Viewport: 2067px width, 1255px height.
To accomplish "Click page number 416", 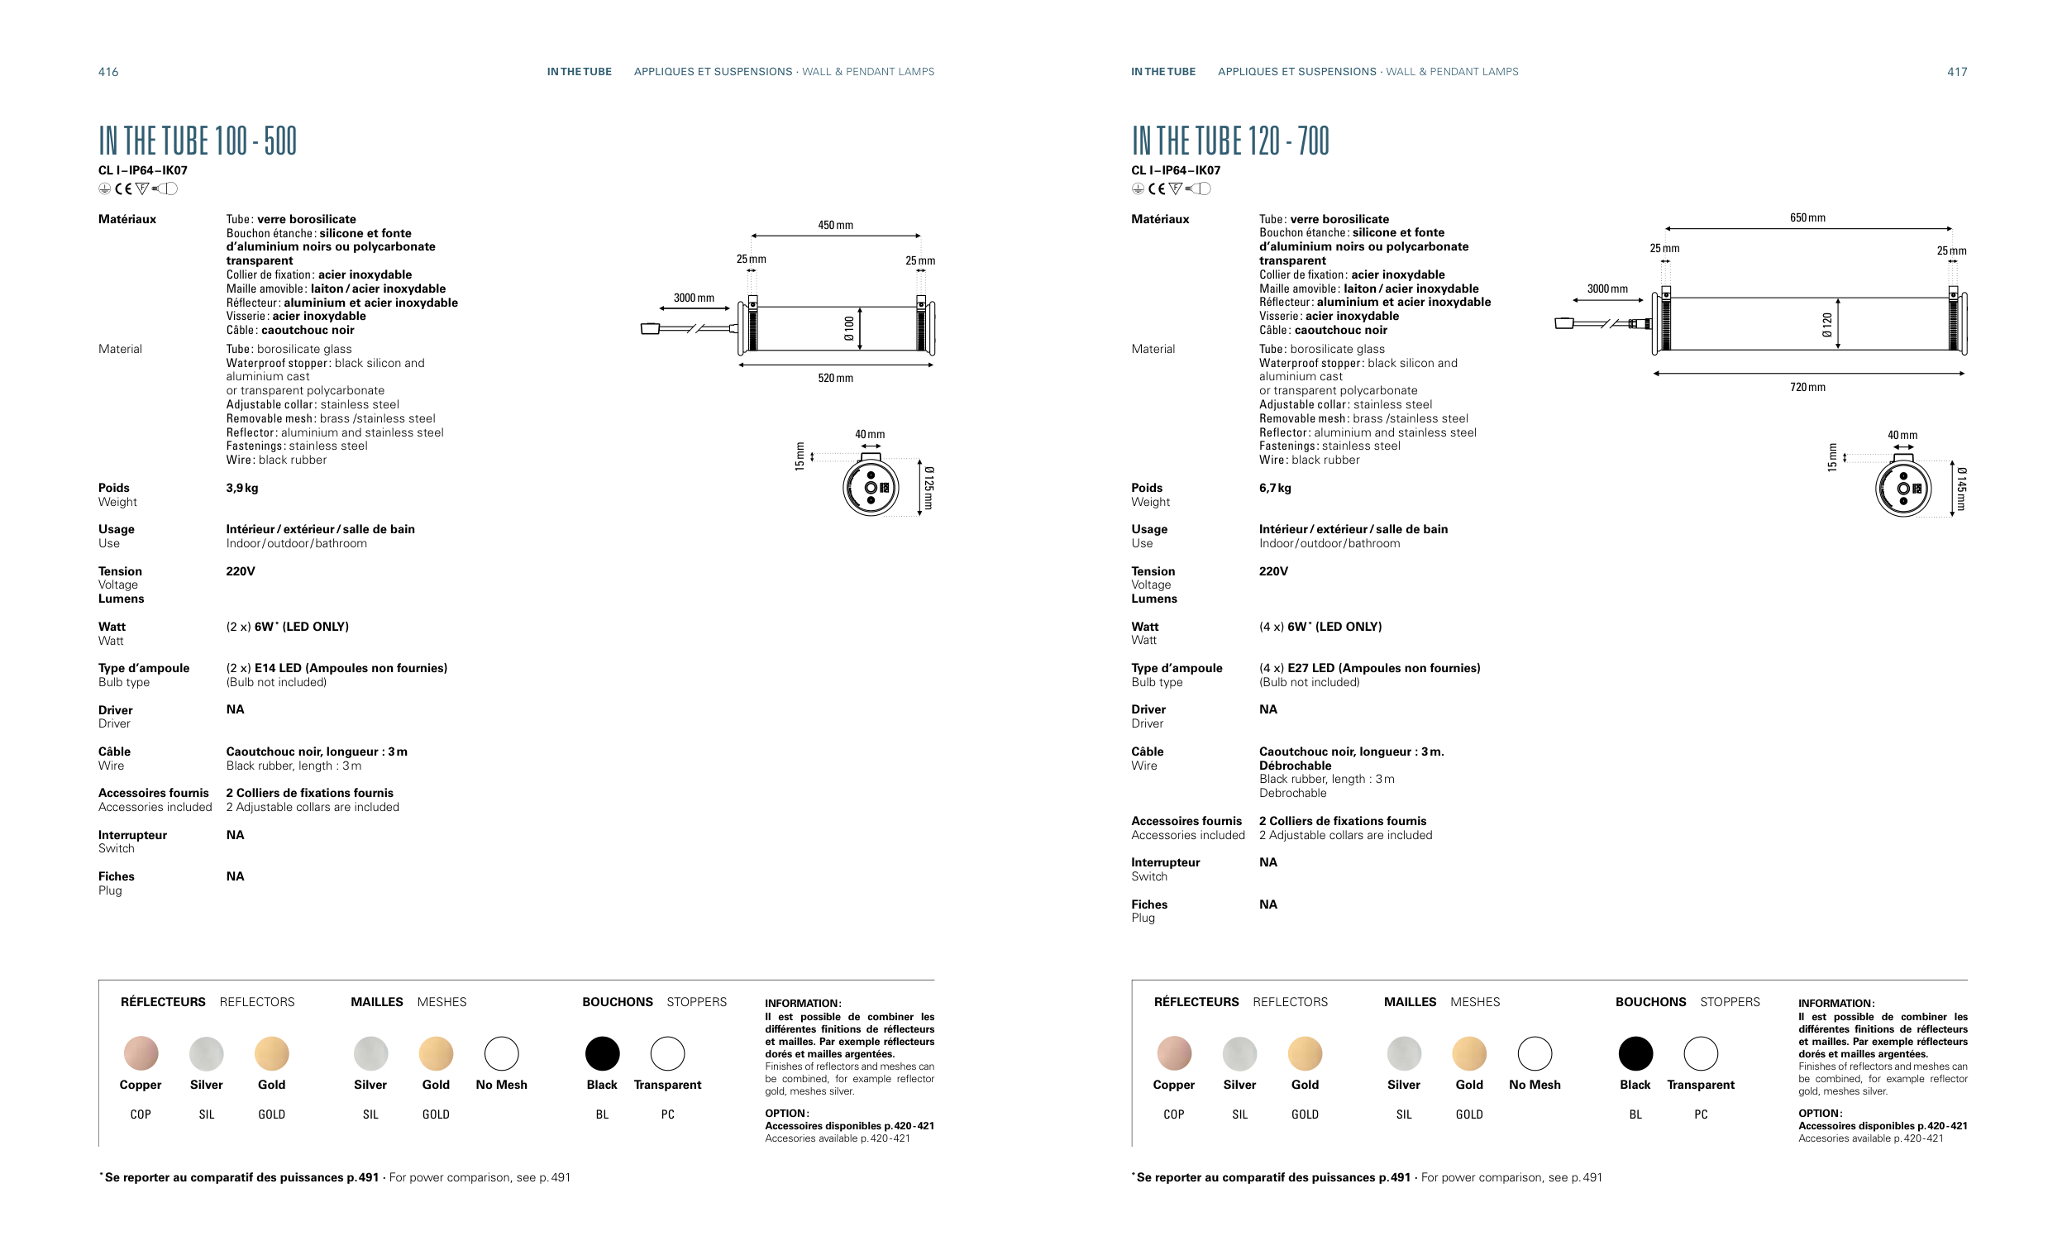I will pyautogui.click(x=108, y=72).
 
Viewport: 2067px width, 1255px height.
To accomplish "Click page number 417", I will pyautogui.click(x=1956, y=72).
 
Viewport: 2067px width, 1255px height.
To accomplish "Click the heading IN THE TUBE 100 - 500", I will pyautogui.click(x=197, y=141).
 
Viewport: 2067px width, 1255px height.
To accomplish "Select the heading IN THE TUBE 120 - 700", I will pyautogui.click(x=1229, y=141).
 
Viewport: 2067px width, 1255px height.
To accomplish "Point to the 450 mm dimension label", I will pyautogui.click(x=835, y=225).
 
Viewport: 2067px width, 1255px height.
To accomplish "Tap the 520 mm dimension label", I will pyautogui.click(x=835, y=379).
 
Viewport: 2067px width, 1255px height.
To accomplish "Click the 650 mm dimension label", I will pyautogui.click(x=1807, y=218).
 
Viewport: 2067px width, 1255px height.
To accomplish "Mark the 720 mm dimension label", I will pyautogui.click(x=1807, y=388).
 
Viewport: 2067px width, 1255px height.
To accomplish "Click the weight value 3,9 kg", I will pyautogui.click(x=241, y=489).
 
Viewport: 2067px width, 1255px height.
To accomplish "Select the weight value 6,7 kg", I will pyautogui.click(x=1274, y=489).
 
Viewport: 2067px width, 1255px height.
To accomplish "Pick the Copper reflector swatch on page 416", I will pyautogui.click(x=141, y=1053).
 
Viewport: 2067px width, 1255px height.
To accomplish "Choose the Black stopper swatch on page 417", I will pyautogui.click(x=1635, y=1053).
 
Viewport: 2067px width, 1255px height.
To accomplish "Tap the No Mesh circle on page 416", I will pyautogui.click(x=502, y=1053).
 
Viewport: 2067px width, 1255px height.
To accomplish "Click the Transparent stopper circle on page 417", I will pyautogui.click(x=1701, y=1053).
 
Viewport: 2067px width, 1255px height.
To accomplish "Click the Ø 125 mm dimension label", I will pyautogui.click(x=928, y=489).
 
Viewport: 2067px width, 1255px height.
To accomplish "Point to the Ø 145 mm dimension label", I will pyautogui.click(x=1960, y=489).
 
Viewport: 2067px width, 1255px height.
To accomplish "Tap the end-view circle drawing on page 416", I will pyautogui.click(x=871, y=488).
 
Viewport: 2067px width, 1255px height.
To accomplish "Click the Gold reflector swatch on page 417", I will pyautogui.click(x=1305, y=1053).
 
